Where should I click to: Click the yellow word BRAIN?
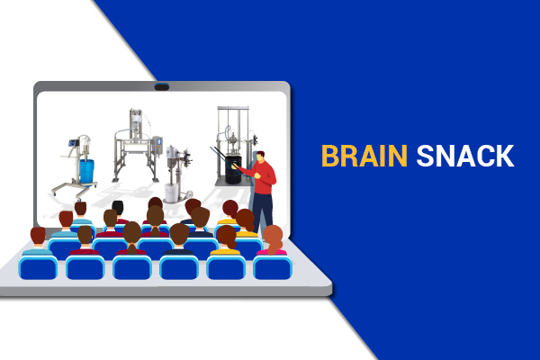(x=364, y=156)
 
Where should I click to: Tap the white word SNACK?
(x=465, y=156)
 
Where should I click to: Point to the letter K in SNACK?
(x=504, y=156)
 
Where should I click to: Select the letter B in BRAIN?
(x=329, y=156)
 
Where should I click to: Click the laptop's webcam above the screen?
(x=161, y=86)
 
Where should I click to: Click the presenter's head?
(x=261, y=157)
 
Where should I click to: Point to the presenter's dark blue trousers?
(x=263, y=211)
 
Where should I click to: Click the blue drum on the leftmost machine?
(x=86, y=171)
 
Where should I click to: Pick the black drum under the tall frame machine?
(x=233, y=169)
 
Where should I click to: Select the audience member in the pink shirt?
(x=273, y=240)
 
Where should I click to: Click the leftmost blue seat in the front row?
(x=38, y=267)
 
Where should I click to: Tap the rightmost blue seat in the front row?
(x=273, y=267)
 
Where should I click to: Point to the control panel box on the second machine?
(x=157, y=145)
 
